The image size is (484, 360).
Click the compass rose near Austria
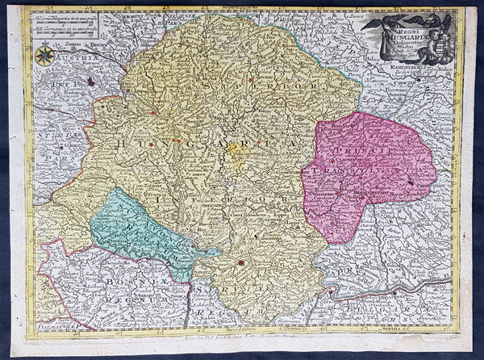pyautogui.click(x=45, y=55)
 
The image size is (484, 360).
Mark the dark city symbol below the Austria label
pyautogui.click(x=91, y=81)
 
